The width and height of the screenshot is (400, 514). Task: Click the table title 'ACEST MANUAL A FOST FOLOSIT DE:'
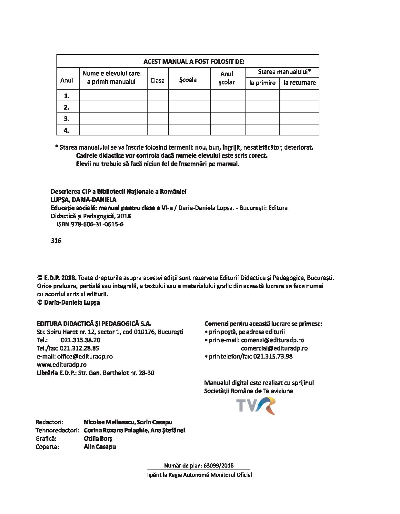(x=194, y=62)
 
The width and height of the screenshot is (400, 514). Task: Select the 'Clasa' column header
(x=157, y=80)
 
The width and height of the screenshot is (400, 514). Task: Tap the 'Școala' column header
(x=188, y=80)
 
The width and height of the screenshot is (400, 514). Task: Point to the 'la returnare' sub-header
(x=300, y=83)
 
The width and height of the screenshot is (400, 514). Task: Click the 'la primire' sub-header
(x=262, y=83)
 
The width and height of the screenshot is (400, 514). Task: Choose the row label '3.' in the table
(x=67, y=119)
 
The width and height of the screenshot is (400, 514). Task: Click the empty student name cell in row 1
(x=113, y=95)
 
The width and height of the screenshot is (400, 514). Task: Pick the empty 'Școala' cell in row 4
(x=189, y=130)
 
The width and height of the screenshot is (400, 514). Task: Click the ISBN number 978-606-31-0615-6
(x=90, y=224)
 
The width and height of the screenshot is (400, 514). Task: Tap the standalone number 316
(x=56, y=241)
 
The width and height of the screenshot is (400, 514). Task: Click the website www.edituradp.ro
(x=62, y=365)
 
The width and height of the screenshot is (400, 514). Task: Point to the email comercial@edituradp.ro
(x=274, y=348)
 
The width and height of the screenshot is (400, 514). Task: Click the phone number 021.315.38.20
(x=80, y=340)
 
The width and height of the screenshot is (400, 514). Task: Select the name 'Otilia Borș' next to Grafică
(x=98, y=439)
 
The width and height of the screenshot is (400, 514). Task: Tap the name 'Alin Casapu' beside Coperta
(x=100, y=447)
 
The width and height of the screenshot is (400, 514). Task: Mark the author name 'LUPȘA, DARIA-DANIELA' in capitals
(x=84, y=200)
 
